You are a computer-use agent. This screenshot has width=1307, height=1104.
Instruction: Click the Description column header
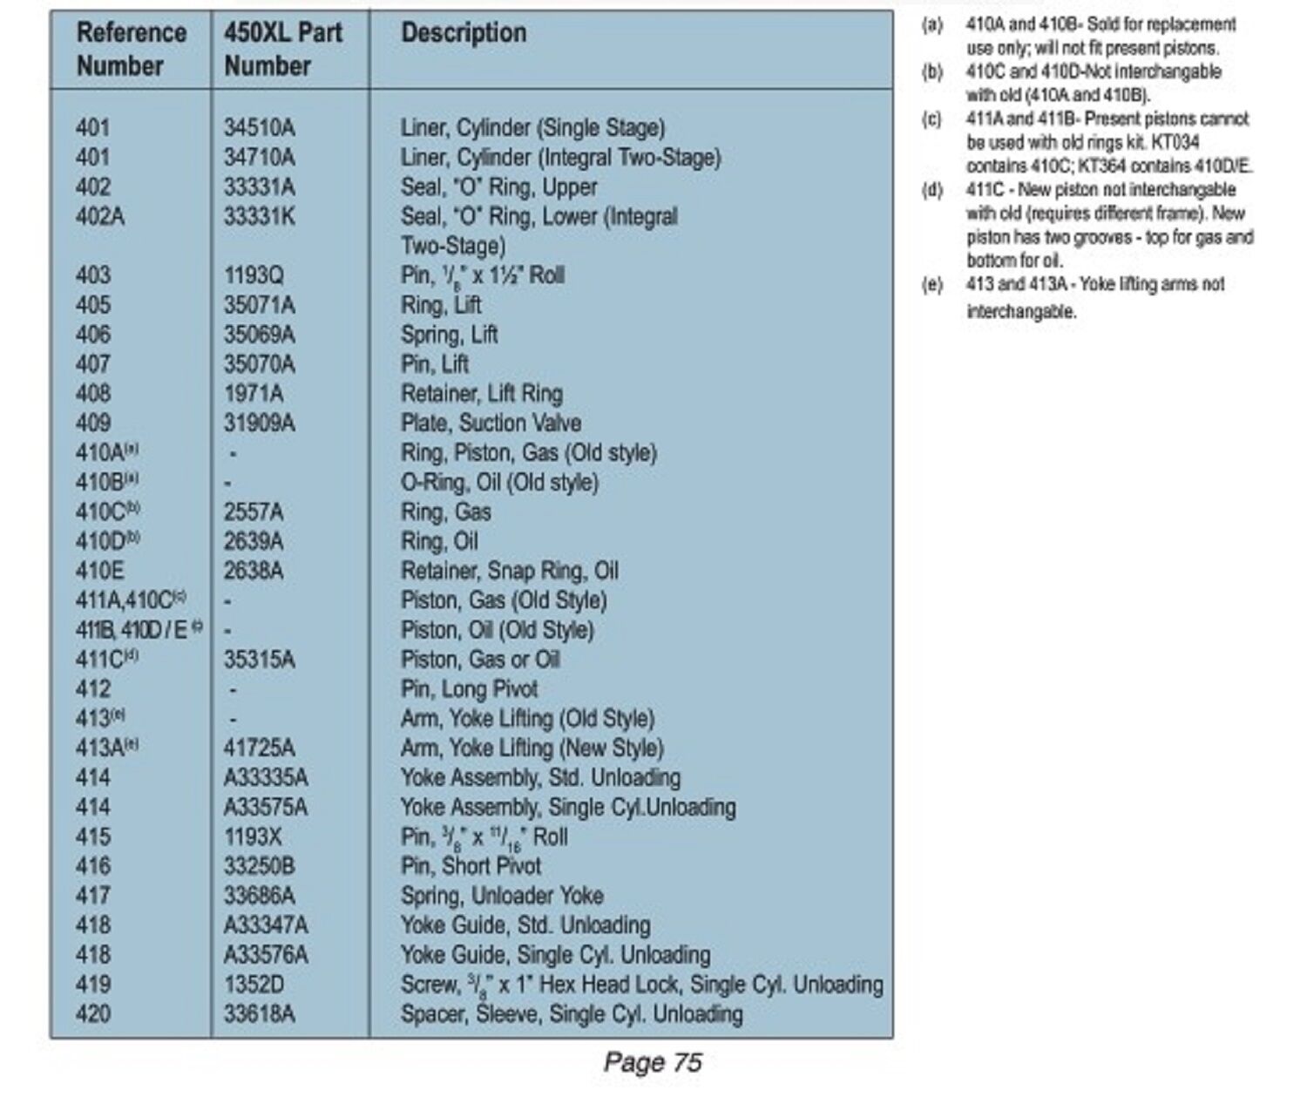[464, 34]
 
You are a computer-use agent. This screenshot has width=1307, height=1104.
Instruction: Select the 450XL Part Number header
[282, 49]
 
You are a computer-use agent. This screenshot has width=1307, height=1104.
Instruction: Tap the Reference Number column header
[131, 49]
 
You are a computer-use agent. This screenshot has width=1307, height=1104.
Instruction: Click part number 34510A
[259, 128]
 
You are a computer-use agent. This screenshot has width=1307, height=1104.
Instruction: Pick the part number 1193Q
[254, 276]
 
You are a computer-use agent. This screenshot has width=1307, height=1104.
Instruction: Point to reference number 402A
[100, 217]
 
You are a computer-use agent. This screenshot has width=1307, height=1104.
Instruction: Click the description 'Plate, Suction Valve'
[491, 423]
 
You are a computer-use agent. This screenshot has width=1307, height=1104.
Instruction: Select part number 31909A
[259, 423]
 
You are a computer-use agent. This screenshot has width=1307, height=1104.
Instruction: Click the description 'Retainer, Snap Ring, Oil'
[509, 572]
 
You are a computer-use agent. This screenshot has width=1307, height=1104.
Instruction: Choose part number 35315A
[259, 660]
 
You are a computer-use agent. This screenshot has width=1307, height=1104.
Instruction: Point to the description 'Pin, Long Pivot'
[469, 690]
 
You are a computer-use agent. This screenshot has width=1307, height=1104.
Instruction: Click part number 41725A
[259, 748]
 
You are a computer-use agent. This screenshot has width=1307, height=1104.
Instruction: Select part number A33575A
[265, 808]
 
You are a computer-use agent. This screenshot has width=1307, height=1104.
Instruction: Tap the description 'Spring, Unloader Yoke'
[502, 897]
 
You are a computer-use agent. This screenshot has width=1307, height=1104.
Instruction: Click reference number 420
[93, 1015]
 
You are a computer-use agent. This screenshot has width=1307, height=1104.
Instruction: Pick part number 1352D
[254, 985]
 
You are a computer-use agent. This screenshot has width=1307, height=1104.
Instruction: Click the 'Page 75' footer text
[653, 1062]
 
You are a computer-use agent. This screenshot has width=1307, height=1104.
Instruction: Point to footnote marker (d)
[931, 190]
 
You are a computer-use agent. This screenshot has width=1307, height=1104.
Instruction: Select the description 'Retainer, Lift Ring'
[481, 394]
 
